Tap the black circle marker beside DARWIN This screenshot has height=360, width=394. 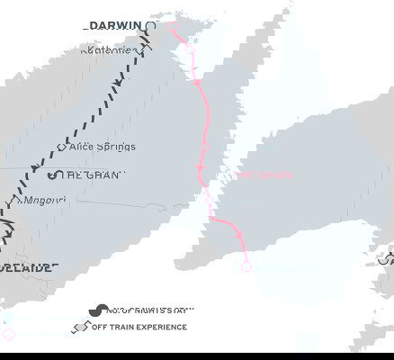[x=151, y=27]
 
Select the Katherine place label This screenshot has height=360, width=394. [x=106, y=49]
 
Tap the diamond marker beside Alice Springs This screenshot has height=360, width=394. [x=61, y=146]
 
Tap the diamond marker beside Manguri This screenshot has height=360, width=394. [x=16, y=203]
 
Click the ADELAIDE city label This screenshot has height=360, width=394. [x=27, y=267]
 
